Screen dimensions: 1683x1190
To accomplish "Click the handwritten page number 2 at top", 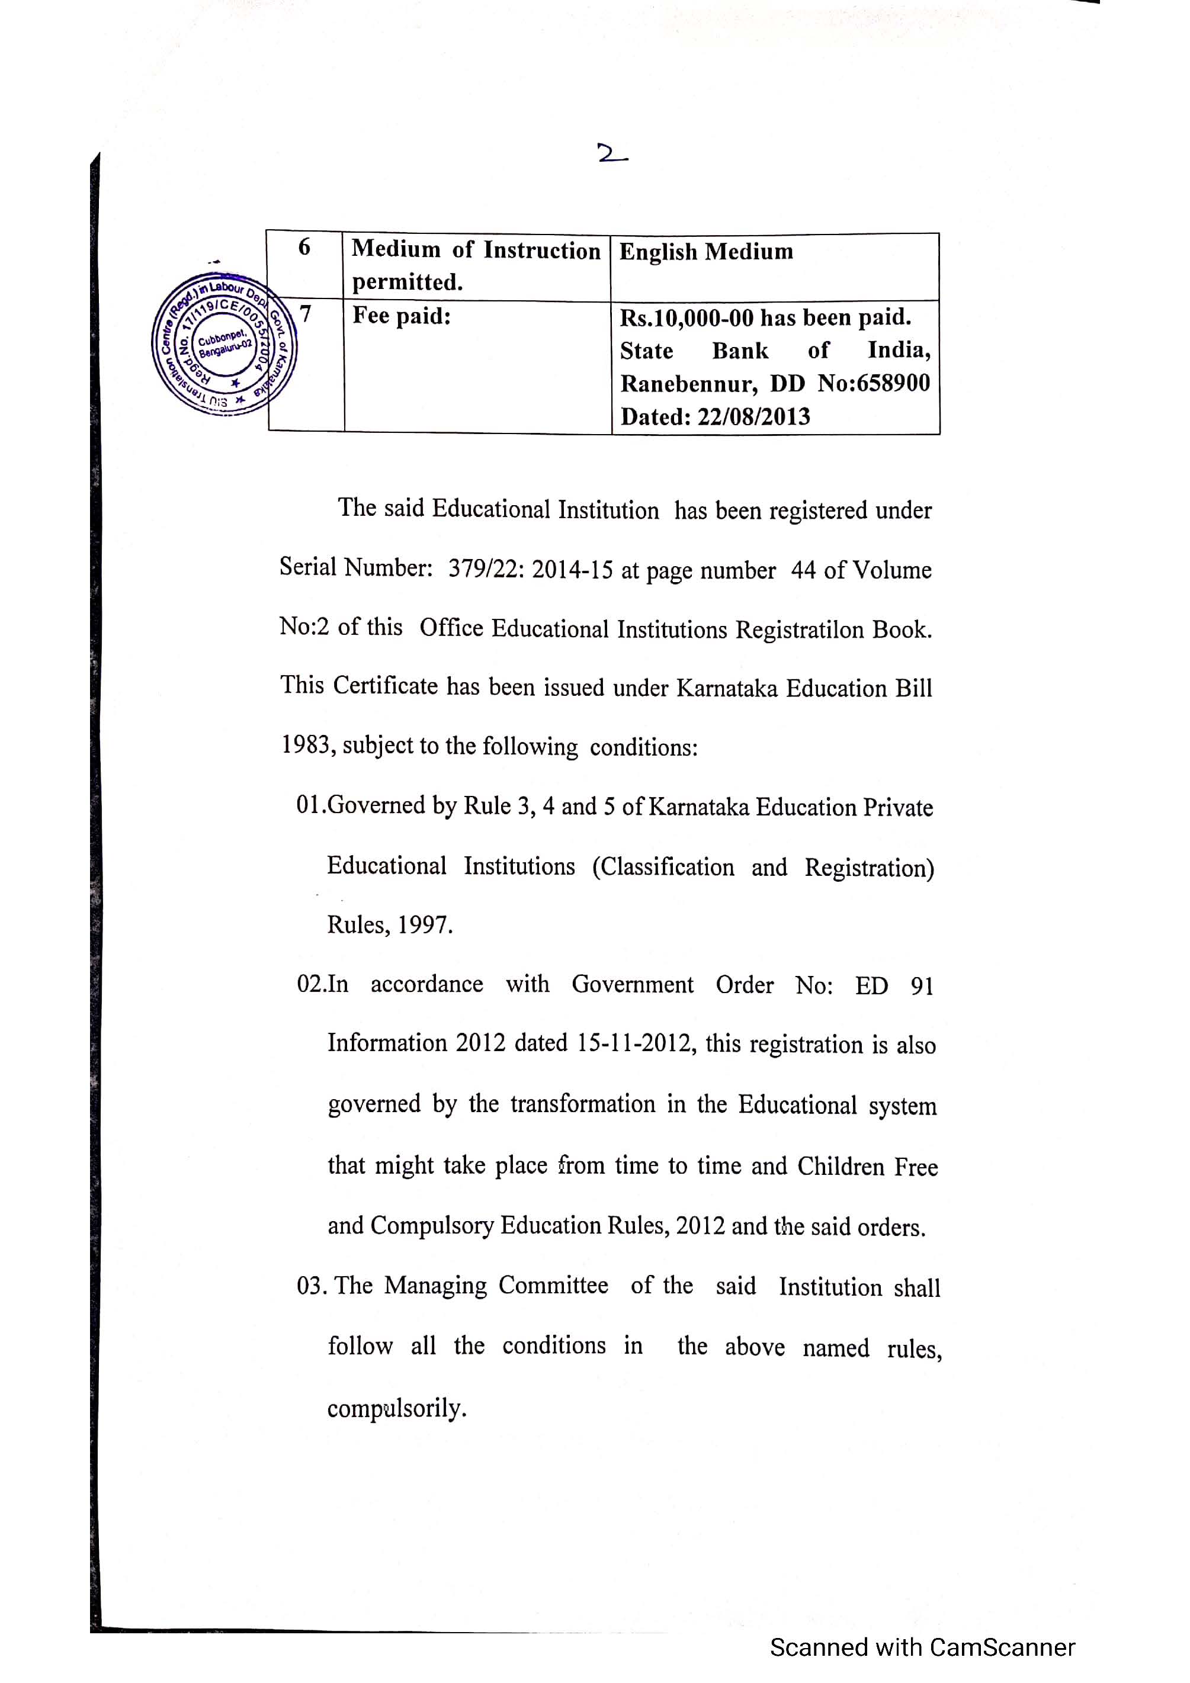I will (x=611, y=153).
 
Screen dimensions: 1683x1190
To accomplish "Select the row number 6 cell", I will (x=304, y=248).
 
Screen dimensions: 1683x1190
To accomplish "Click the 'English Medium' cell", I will (x=706, y=252).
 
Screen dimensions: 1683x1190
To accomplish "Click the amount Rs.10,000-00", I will (x=687, y=318).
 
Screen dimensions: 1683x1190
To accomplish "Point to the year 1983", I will (x=308, y=746).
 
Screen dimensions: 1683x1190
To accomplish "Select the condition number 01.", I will (x=311, y=805).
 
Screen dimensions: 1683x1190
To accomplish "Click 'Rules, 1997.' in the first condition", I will (x=389, y=925).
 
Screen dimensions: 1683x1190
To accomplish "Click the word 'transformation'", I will (x=582, y=1104).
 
